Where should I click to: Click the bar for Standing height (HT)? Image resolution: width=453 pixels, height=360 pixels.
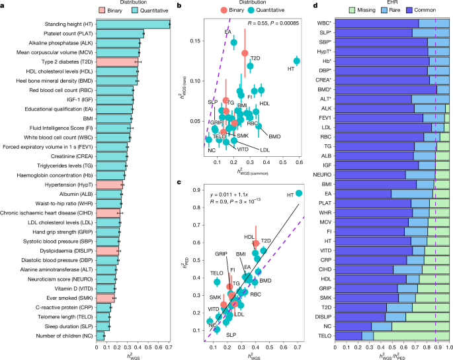click(x=132, y=24)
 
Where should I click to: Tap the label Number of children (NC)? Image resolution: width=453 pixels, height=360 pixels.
click(x=64, y=336)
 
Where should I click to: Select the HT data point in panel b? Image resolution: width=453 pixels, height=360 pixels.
click(x=297, y=61)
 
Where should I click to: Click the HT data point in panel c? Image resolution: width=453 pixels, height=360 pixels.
click(x=299, y=193)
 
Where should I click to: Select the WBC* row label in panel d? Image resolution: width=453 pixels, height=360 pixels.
click(x=323, y=23)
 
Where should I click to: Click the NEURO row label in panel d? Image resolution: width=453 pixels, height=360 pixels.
click(x=322, y=174)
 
